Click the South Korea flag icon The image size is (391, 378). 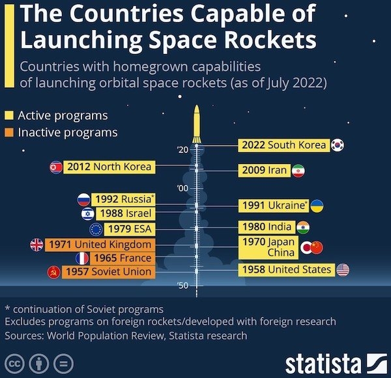tap(338, 145)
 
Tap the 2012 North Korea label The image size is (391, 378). tap(109, 167)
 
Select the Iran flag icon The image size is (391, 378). tap(298, 171)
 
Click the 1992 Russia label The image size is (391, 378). tap(124, 199)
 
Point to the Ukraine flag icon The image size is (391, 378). tap(317, 206)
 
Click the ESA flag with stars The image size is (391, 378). tap(96, 229)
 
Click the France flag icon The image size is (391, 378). tap(83, 258)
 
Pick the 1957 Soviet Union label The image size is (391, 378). tap(108, 271)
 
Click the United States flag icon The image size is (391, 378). tap(343, 269)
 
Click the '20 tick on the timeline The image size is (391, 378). tap(182, 151)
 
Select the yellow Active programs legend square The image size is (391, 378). tap(9, 116)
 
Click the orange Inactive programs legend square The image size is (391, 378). tap(9, 133)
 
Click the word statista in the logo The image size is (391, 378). tap(323, 362)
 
